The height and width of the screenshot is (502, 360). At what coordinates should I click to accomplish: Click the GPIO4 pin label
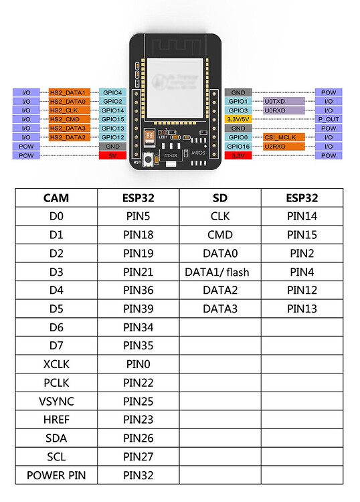pyautogui.click(x=112, y=92)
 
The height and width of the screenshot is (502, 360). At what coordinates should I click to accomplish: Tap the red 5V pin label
pyautogui.click(x=112, y=155)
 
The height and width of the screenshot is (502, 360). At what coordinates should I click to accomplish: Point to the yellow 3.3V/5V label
pyautogui.click(x=238, y=118)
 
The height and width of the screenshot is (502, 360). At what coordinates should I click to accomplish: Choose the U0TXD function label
pyautogui.click(x=276, y=101)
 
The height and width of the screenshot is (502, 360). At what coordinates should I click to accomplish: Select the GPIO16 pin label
pyautogui.click(x=238, y=146)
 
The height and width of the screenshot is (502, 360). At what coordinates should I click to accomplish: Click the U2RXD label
pyautogui.click(x=276, y=146)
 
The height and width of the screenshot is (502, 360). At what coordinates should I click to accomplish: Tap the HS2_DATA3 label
pyautogui.click(x=68, y=128)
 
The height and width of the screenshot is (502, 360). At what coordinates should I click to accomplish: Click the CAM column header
pyautogui.click(x=56, y=198)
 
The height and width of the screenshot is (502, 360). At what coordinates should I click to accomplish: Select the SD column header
pyautogui.click(x=220, y=198)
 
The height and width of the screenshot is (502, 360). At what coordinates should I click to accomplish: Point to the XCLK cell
pyautogui.click(x=56, y=364)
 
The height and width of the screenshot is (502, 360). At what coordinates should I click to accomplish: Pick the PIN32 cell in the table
pyautogui.click(x=139, y=475)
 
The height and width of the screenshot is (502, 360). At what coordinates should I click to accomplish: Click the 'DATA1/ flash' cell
pyautogui.click(x=220, y=272)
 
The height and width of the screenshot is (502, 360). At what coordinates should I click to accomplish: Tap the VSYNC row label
pyautogui.click(x=56, y=401)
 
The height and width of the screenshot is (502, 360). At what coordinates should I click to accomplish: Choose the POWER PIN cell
pyautogui.click(x=56, y=475)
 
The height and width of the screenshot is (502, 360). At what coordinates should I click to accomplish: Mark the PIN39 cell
pyautogui.click(x=139, y=309)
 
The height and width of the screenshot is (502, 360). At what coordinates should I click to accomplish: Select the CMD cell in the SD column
pyautogui.click(x=220, y=235)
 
